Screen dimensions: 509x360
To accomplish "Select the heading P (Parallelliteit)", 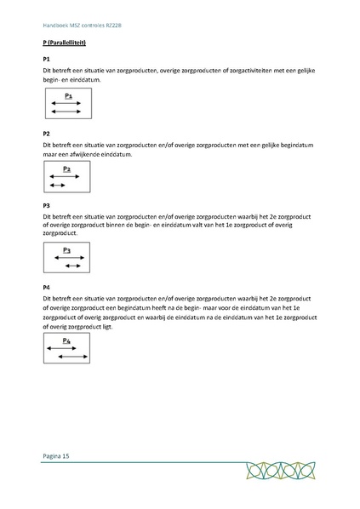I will point(67,42).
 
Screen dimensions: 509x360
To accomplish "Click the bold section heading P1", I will point(46,58).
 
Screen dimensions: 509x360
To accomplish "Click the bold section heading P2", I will point(46,134).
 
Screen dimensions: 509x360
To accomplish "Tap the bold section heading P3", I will point(46,206).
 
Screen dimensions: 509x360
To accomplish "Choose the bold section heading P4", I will point(46,288).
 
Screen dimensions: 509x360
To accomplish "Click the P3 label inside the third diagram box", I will point(67,250).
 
